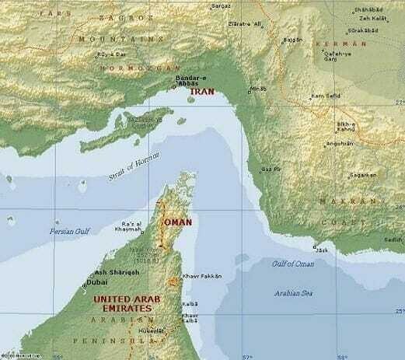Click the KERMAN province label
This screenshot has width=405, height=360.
click(340, 45)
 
